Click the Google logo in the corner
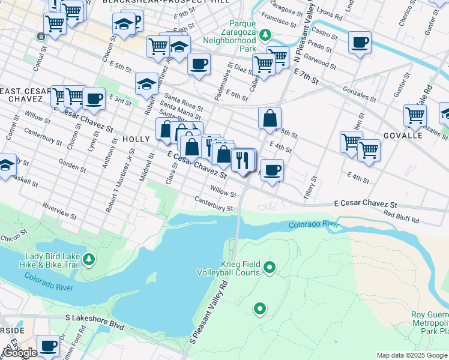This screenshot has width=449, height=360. (x=20, y=353)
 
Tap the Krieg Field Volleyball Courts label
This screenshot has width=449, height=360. (x=228, y=268)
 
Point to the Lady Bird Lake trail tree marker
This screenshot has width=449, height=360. (x=89, y=259)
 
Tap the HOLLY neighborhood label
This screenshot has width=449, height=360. (x=136, y=139)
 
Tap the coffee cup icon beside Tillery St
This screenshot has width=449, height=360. (x=272, y=170)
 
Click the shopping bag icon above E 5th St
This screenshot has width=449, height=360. (x=270, y=118)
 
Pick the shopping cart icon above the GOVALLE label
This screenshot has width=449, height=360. (x=415, y=115)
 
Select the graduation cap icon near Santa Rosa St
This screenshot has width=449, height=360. (x=146, y=85)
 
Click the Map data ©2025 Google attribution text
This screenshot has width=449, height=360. (x=412, y=355)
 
